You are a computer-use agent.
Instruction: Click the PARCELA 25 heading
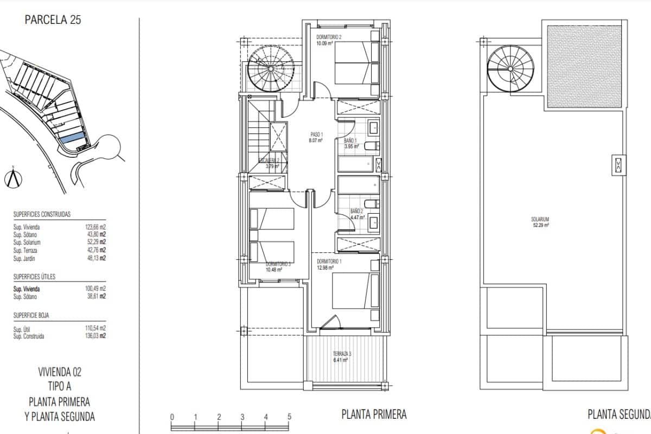53,21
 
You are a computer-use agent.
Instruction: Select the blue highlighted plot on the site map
72,138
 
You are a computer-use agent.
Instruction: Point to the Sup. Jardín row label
25,258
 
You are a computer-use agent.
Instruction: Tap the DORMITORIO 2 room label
329,37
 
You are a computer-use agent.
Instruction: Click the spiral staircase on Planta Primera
272,69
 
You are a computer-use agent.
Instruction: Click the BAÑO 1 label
350,141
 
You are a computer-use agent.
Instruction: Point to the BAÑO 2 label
356,211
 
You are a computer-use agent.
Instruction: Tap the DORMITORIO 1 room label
330,261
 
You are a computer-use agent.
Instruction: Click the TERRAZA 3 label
342,354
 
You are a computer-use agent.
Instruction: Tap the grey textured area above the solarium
584,65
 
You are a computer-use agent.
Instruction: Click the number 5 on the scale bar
289,417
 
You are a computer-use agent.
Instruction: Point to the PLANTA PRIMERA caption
374,414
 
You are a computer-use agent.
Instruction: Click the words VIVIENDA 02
60,372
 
